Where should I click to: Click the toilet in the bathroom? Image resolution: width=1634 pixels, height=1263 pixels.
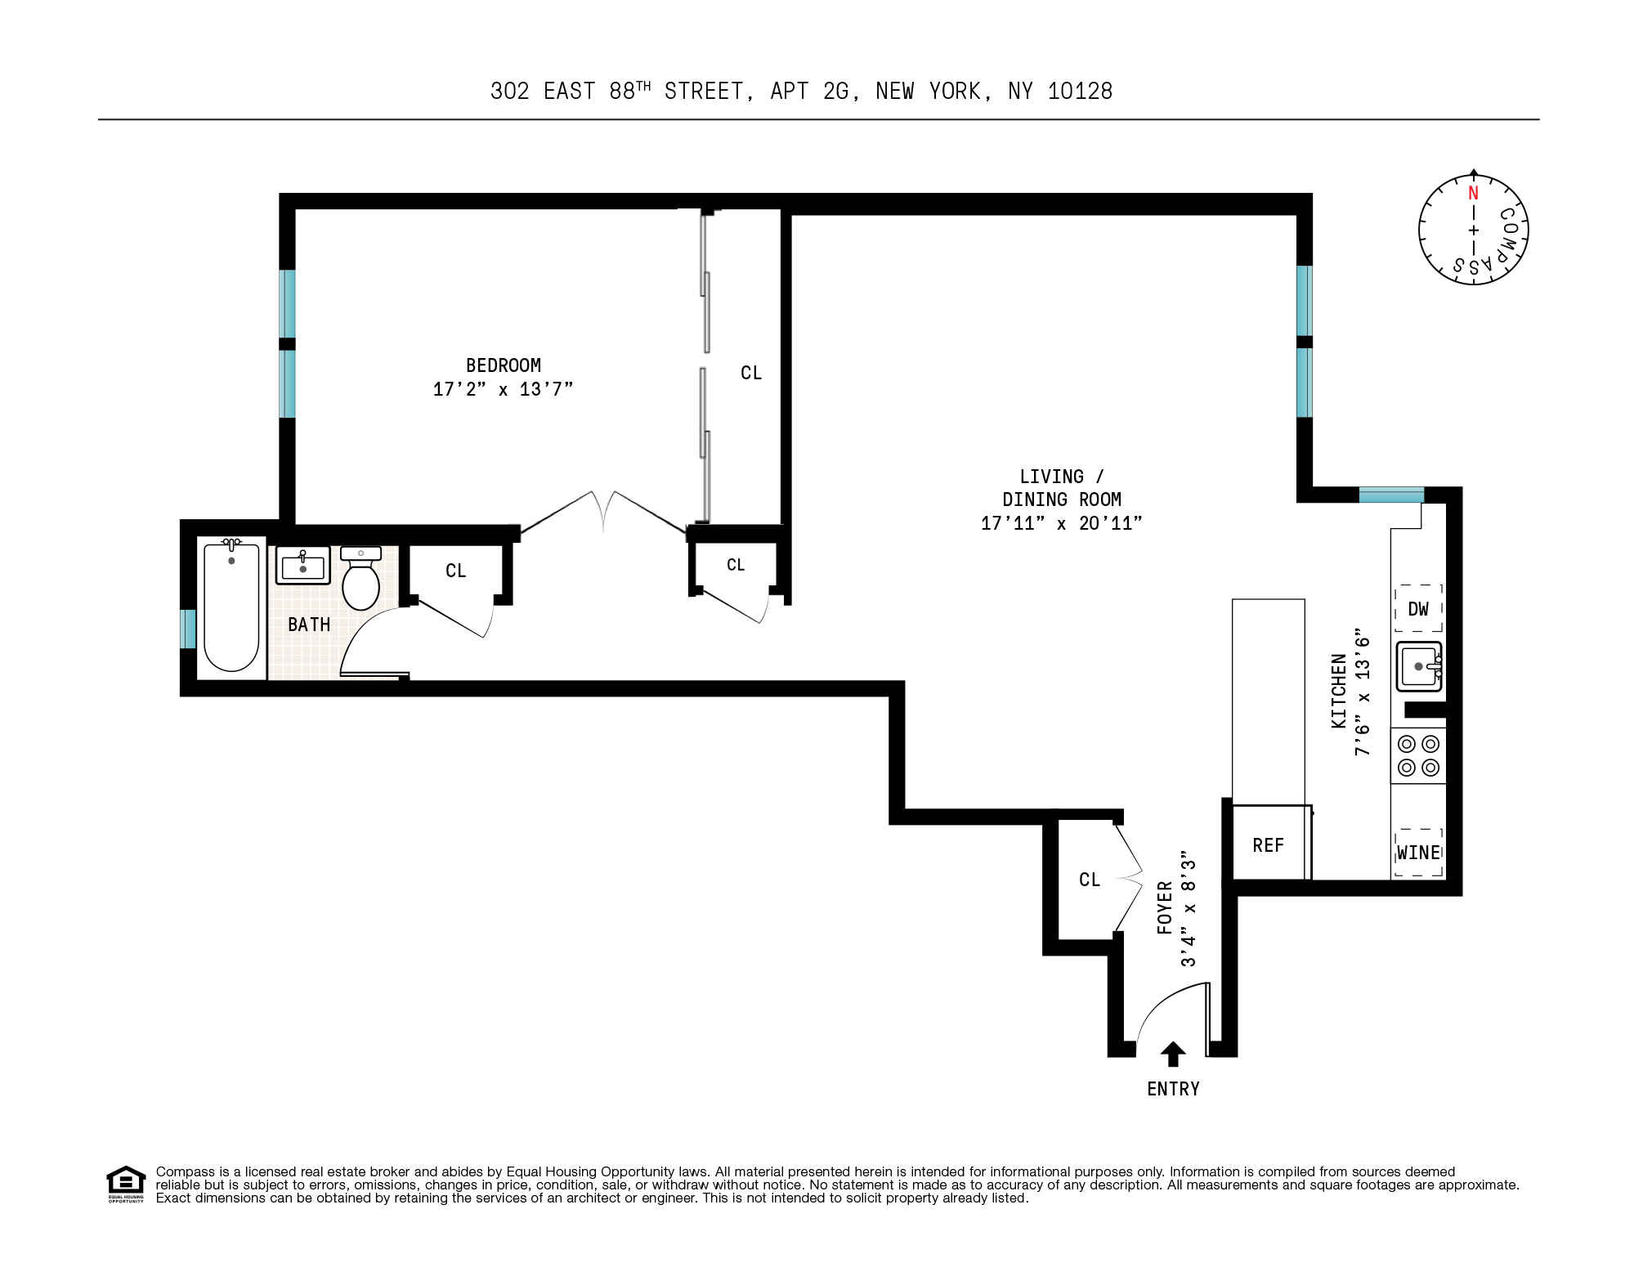click(x=360, y=582)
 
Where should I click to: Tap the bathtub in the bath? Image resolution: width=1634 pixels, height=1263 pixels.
click(x=231, y=608)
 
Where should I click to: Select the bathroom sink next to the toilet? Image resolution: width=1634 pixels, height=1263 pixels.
click(x=303, y=565)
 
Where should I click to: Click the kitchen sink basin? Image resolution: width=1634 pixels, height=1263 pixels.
click(x=1419, y=667)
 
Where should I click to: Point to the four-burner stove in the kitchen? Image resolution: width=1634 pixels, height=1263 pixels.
click(x=1418, y=755)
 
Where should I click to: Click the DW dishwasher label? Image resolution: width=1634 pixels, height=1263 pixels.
click(x=1418, y=609)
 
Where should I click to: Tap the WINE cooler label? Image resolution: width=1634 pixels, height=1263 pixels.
click(x=1418, y=853)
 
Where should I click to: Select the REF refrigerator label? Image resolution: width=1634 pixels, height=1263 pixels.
click(x=1268, y=845)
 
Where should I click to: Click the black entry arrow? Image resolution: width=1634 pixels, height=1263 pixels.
click(x=1173, y=1054)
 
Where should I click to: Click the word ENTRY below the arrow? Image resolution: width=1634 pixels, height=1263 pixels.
click(x=1173, y=1089)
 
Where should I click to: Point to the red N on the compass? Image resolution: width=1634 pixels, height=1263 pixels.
click(x=1473, y=194)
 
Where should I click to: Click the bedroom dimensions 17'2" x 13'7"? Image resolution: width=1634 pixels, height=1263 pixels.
click(x=503, y=389)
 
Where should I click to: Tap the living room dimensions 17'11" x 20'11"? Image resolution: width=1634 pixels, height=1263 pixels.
click(x=1061, y=523)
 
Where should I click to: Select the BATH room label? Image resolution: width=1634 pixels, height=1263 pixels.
click(x=309, y=625)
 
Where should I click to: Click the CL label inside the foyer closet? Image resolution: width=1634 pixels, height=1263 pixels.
click(x=1090, y=880)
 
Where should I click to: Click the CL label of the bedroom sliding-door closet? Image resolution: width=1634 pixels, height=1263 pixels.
click(x=750, y=373)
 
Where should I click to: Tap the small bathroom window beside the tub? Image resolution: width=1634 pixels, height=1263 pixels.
click(x=188, y=629)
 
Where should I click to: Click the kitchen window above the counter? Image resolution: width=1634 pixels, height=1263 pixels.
click(x=1391, y=495)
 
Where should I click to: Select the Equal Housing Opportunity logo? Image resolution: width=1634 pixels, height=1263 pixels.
click(x=126, y=1184)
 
